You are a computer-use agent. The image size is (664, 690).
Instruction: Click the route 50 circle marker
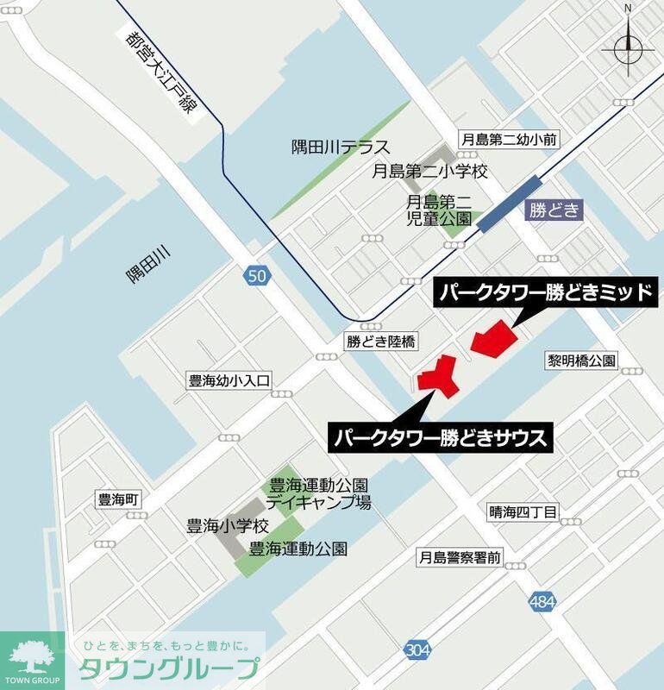click(x=256, y=276)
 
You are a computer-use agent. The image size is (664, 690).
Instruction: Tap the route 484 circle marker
click(x=542, y=602)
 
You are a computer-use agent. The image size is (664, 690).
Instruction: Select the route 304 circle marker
click(x=416, y=651)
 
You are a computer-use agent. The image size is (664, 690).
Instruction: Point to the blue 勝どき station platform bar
click(x=510, y=204)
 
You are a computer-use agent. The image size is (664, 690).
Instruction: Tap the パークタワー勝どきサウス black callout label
click(x=440, y=437)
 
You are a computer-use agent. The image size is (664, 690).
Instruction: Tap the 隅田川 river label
click(x=148, y=263)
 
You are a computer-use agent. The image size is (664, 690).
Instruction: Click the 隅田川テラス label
click(x=341, y=147)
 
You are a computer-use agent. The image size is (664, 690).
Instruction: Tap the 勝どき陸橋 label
click(x=380, y=342)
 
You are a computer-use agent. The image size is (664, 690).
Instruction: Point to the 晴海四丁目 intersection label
click(x=523, y=512)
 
